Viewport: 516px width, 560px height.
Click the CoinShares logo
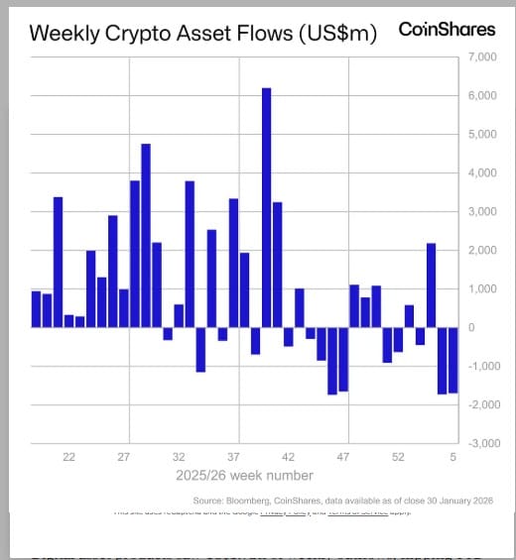(x=446, y=30)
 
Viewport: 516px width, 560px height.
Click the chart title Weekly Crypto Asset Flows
(x=202, y=33)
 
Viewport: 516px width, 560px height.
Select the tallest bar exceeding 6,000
(x=266, y=207)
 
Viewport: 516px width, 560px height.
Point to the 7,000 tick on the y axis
(x=479, y=57)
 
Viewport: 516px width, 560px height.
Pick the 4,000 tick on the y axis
(x=479, y=173)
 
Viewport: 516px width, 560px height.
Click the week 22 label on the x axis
(x=69, y=458)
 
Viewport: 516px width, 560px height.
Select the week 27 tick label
(x=124, y=458)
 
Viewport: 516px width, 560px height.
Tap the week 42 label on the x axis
(x=288, y=458)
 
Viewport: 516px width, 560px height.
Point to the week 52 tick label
(x=397, y=458)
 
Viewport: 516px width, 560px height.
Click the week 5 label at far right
(x=451, y=458)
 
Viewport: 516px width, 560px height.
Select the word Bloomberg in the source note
(x=248, y=501)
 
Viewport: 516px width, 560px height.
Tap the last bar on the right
(x=452, y=360)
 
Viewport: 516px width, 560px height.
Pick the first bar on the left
(x=37, y=309)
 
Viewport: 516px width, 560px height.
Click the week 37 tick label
(x=233, y=458)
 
